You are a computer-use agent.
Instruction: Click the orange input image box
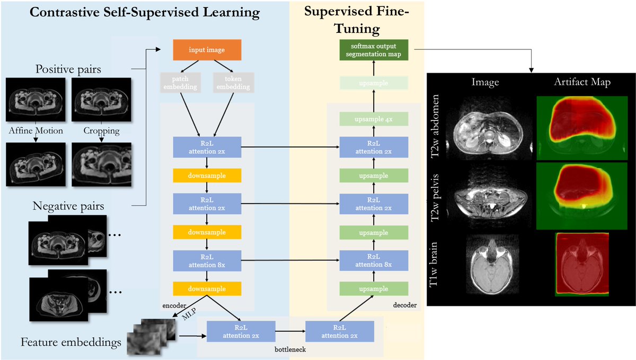[207, 50]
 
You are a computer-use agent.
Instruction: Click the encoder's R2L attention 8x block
[207, 260]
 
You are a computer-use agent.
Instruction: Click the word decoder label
[406, 305]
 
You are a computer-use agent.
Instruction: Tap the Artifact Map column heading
[582, 82]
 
